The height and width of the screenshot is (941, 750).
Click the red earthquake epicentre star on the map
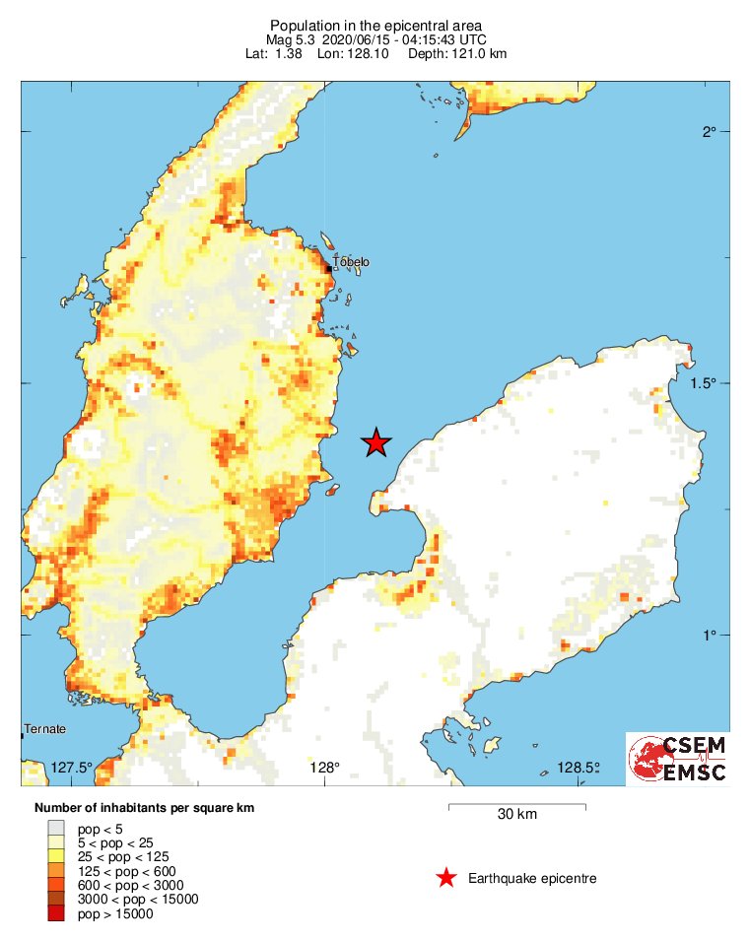(375, 443)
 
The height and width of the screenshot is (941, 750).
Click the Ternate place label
(44, 729)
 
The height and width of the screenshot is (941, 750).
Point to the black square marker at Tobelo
(329, 267)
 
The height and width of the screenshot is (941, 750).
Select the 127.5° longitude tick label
(71, 768)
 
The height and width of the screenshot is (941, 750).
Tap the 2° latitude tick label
(709, 132)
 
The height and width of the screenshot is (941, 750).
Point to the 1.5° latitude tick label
(703, 383)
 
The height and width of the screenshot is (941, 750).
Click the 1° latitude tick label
(709, 636)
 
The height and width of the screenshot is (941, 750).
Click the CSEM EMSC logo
(677, 759)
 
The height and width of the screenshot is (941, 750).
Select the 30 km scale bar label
(517, 815)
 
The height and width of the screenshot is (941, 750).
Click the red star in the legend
(446, 878)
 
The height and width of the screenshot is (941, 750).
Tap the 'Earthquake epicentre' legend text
(532, 878)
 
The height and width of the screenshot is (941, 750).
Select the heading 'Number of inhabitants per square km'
(144, 808)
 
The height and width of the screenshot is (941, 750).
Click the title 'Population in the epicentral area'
(375, 25)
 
